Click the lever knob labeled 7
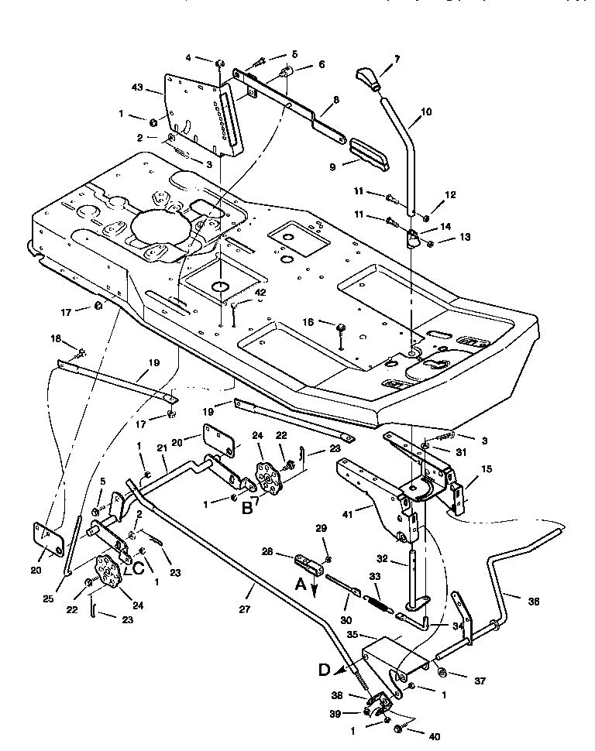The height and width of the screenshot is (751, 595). click(370, 77)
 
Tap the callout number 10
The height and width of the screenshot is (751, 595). click(426, 112)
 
